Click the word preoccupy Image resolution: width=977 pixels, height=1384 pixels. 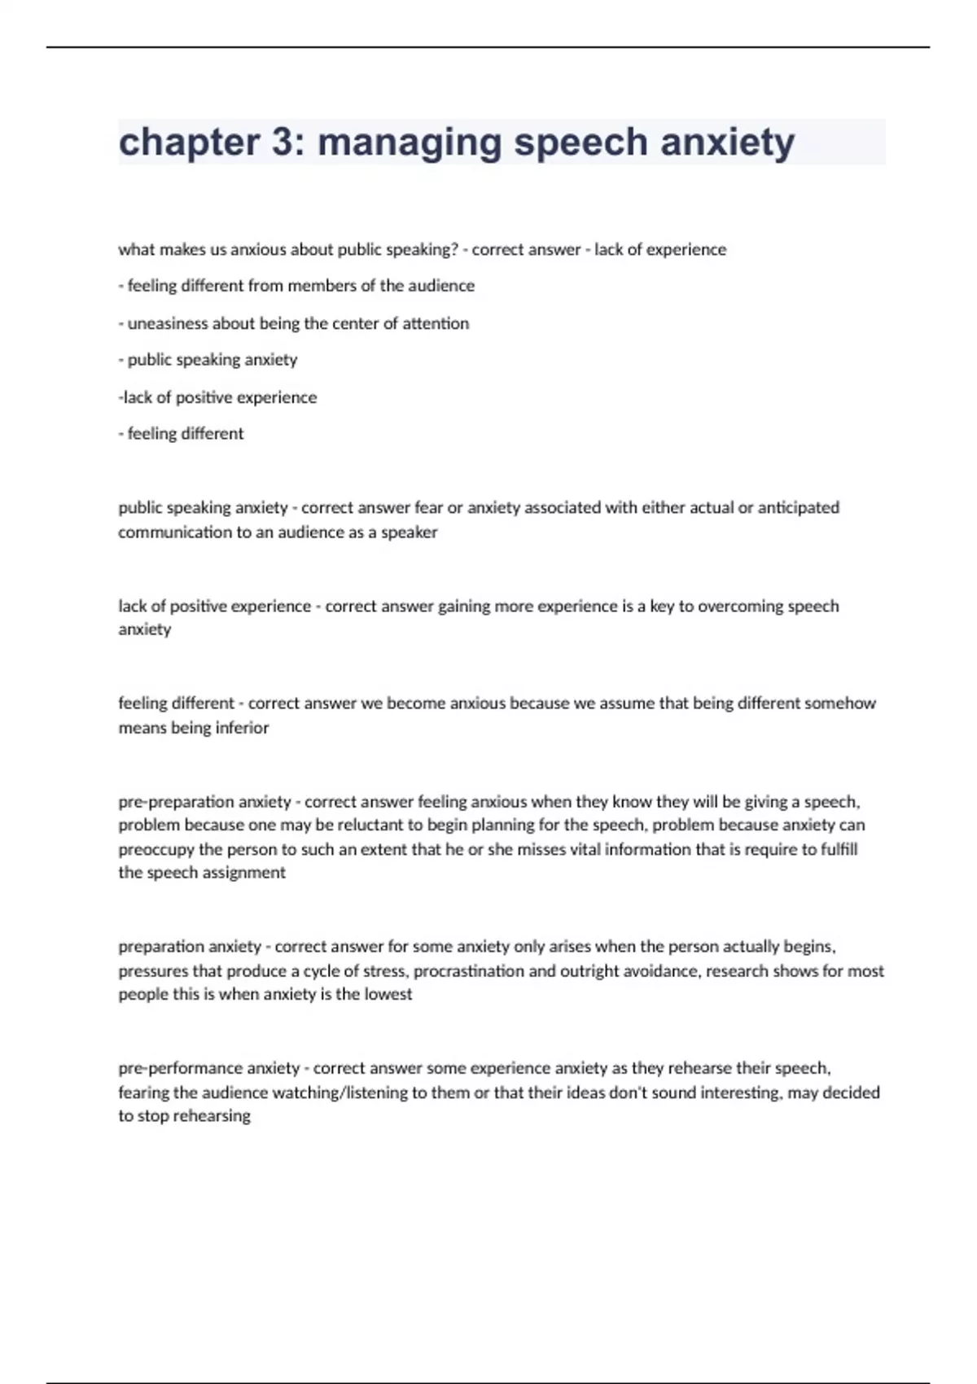tap(156, 849)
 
